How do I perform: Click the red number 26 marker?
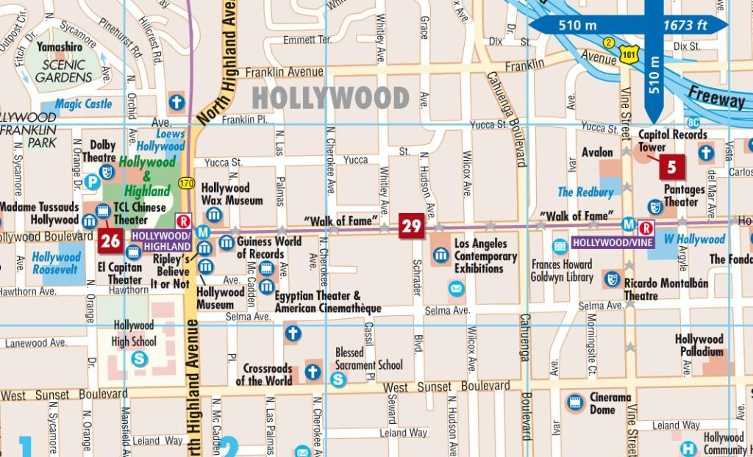coord(110,240)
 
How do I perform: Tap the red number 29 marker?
coord(412,226)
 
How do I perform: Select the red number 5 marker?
coord(671,167)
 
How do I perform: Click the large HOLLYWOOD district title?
coord(330,98)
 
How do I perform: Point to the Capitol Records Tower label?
coord(672,140)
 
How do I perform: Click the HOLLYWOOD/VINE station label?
coord(612,242)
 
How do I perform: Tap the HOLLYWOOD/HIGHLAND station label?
coord(161,240)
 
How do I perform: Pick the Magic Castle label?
coord(83,104)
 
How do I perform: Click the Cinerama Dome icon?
coord(575,403)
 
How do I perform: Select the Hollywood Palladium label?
coord(699,345)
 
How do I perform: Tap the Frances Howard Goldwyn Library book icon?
coord(560,246)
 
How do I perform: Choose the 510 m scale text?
coord(577,26)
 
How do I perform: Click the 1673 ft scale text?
coord(685,26)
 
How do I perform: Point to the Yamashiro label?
coord(60,46)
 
